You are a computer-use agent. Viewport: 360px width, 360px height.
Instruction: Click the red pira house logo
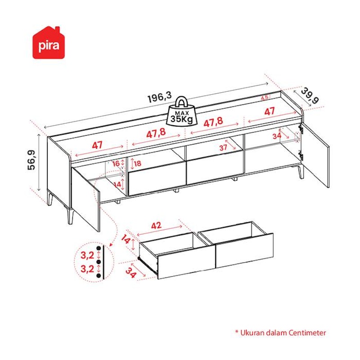tap(49, 43)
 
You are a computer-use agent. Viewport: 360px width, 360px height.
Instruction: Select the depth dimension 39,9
tap(310, 96)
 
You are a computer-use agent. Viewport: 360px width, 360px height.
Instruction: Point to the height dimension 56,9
tap(31, 160)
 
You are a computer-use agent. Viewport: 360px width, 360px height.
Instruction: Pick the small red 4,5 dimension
tap(265, 97)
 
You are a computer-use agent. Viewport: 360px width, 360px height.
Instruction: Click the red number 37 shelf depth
tap(223, 148)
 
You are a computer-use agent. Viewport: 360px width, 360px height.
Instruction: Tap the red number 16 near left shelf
tap(116, 164)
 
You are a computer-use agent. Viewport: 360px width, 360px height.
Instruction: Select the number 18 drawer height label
tap(137, 164)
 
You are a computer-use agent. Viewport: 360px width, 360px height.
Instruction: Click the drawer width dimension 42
tap(156, 226)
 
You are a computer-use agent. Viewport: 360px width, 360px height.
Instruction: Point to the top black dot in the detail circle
tap(99, 248)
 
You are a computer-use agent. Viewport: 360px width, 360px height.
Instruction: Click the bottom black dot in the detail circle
tap(99, 276)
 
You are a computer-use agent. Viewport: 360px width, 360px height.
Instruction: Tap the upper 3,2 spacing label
tap(87, 255)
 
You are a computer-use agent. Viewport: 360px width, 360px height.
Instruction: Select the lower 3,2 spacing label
tap(87, 269)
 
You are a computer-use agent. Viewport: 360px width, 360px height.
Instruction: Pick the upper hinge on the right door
tap(300, 129)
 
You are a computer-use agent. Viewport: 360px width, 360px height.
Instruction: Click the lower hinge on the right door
tap(301, 155)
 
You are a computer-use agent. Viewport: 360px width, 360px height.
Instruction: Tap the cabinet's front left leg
tap(70, 215)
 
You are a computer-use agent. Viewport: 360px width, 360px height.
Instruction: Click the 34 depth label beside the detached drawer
tap(131, 273)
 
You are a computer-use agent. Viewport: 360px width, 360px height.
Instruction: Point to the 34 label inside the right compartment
tap(277, 136)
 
